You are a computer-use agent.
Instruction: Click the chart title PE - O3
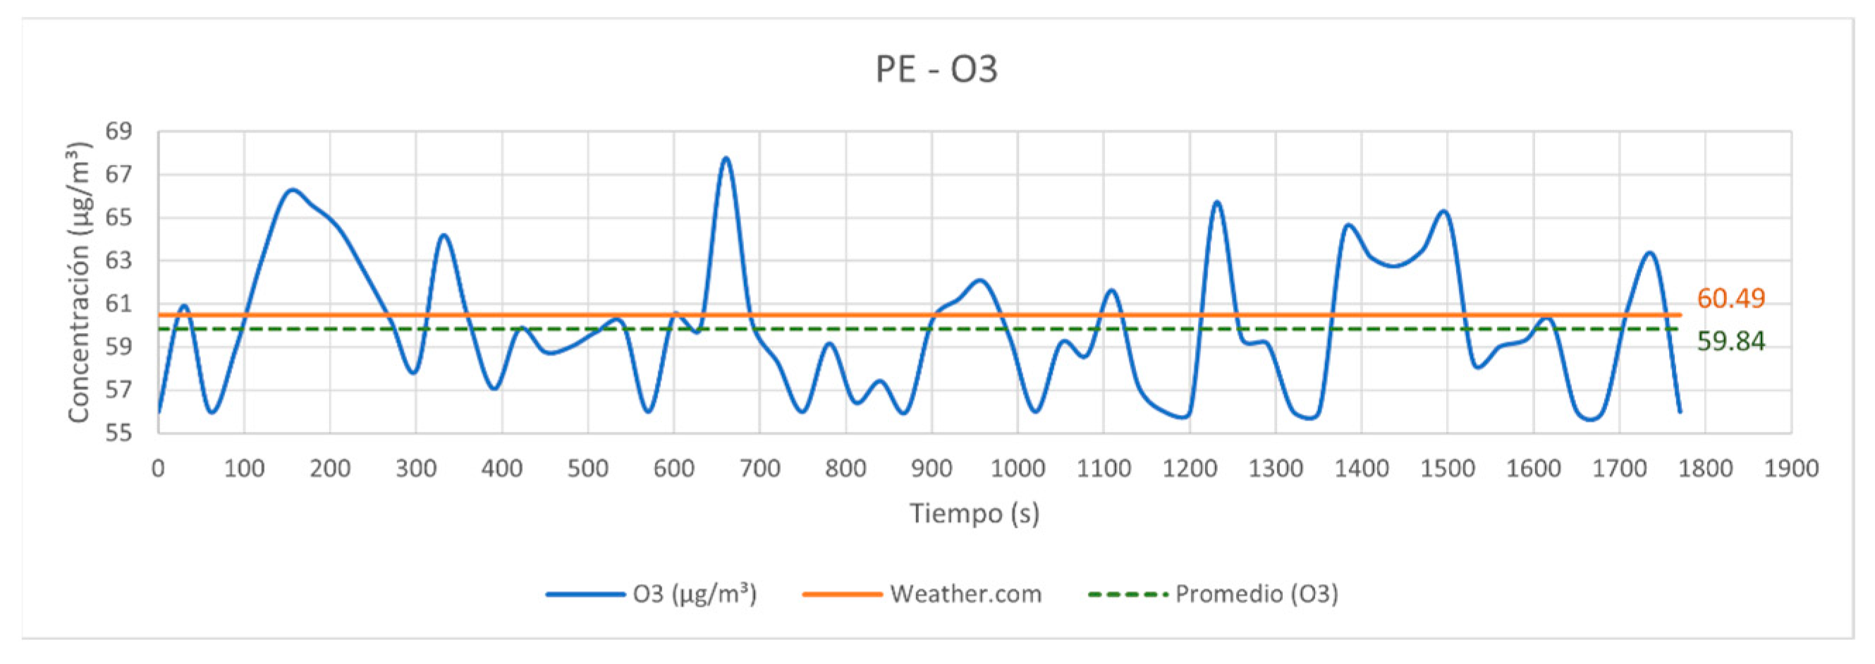(x=936, y=70)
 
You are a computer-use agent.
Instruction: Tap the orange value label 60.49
(x=1730, y=298)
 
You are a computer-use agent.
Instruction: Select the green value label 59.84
(x=1730, y=341)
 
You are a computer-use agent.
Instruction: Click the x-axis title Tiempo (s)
(x=974, y=514)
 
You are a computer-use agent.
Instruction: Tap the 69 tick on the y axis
(x=118, y=132)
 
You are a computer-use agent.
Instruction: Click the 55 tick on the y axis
(x=118, y=433)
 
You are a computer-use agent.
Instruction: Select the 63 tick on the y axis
(x=118, y=260)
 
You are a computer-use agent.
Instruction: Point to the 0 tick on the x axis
(x=158, y=468)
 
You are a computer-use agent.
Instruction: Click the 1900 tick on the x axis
(x=1790, y=468)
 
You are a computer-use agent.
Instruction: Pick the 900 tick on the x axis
(x=931, y=468)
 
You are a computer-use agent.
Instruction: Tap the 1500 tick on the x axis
(x=1447, y=468)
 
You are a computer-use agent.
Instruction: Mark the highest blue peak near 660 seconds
(x=726, y=158)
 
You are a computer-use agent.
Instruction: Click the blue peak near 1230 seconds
(x=1216, y=202)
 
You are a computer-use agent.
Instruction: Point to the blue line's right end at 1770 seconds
(x=1680, y=411)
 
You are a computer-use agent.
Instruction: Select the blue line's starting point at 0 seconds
(x=159, y=411)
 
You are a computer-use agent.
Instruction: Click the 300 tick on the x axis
(x=415, y=468)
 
